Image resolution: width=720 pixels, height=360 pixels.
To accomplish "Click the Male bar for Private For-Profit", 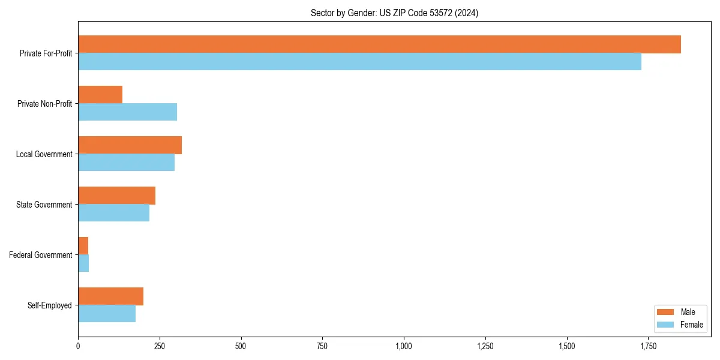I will (379, 44).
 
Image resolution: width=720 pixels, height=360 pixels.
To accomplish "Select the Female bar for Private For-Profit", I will (359, 62).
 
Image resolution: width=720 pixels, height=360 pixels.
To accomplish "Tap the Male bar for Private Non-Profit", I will (100, 95).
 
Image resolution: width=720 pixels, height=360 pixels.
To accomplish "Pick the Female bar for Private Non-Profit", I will (127, 112).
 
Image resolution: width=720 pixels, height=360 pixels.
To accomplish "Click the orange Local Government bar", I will (130, 145).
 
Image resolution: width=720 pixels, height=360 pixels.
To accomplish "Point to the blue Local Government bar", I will (126, 163).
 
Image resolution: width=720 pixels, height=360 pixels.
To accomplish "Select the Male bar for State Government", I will (116, 196).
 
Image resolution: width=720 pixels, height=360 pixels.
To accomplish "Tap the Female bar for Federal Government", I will (83, 263).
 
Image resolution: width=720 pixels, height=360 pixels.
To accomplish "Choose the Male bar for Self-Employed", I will (110, 296).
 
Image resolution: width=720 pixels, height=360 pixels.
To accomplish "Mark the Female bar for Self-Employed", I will (107, 314).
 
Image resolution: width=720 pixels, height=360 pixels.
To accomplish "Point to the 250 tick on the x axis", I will (160, 346).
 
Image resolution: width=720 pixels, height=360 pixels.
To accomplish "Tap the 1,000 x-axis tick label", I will (404, 346).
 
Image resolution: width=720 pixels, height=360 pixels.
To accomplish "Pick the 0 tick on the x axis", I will (78, 346).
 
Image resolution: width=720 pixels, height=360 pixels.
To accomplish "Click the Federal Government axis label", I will (41, 255).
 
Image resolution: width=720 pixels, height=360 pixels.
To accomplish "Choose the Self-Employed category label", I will (50, 305).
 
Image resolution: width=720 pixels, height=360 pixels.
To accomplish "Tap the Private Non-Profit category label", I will (44, 104).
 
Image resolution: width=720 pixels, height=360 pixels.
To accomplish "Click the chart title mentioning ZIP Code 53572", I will (394, 13).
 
